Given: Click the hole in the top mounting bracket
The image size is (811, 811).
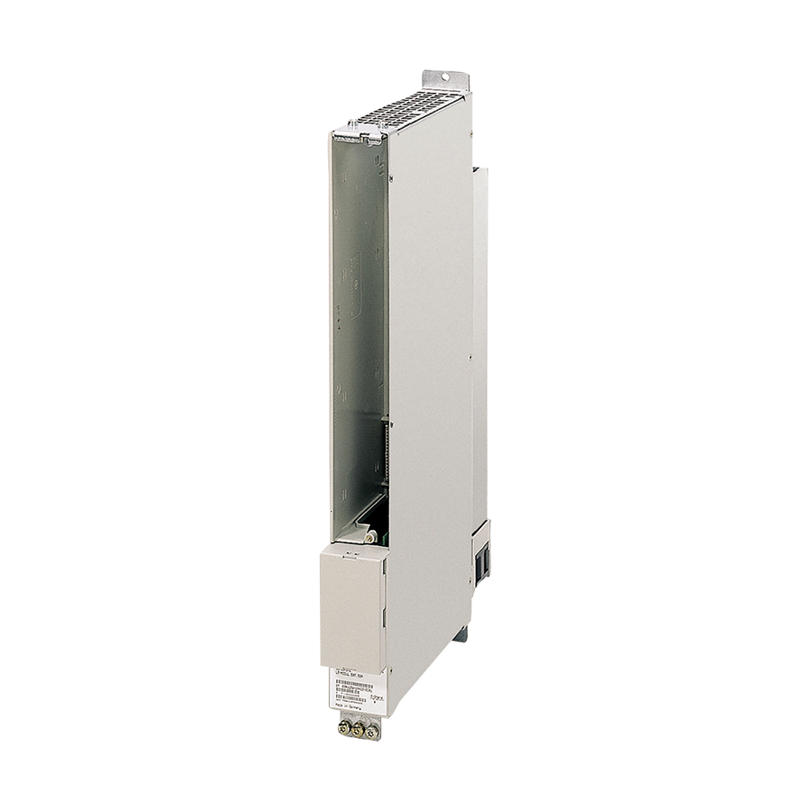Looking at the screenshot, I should pyautogui.click(x=448, y=77).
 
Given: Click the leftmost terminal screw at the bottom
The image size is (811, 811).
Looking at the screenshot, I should pyautogui.click(x=343, y=726).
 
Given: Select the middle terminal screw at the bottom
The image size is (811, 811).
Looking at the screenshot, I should pyautogui.click(x=358, y=730).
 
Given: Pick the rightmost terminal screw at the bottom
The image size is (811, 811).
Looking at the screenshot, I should pyautogui.click(x=371, y=733).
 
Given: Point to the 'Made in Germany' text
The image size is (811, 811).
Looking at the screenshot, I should pyautogui.click(x=348, y=707).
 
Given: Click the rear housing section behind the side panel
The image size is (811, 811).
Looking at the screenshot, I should pyautogui.click(x=479, y=342).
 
